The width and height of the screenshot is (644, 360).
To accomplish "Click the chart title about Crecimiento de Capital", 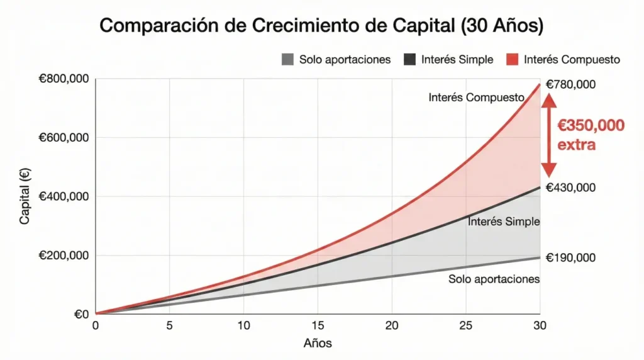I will click(321, 26).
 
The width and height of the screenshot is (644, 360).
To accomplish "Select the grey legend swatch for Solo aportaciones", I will click(288, 60).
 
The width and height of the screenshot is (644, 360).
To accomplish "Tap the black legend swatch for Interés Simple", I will click(409, 60).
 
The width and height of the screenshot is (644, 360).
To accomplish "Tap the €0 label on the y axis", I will click(80, 313).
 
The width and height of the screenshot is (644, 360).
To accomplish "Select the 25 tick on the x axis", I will click(465, 325).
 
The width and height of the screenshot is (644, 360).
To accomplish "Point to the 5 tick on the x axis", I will click(169, 325).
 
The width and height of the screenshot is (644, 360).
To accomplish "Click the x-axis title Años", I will click(318, 344).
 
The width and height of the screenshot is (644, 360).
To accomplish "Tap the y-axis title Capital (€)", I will click(25, 196).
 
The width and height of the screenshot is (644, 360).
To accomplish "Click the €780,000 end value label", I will click(570, 84).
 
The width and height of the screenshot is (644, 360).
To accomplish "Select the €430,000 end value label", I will click(570, 188).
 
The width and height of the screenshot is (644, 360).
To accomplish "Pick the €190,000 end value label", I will click(570, 257).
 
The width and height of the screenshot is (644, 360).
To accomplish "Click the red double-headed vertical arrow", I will click(549, 135).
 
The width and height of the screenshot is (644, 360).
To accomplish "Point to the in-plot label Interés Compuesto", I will click(476, 98).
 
